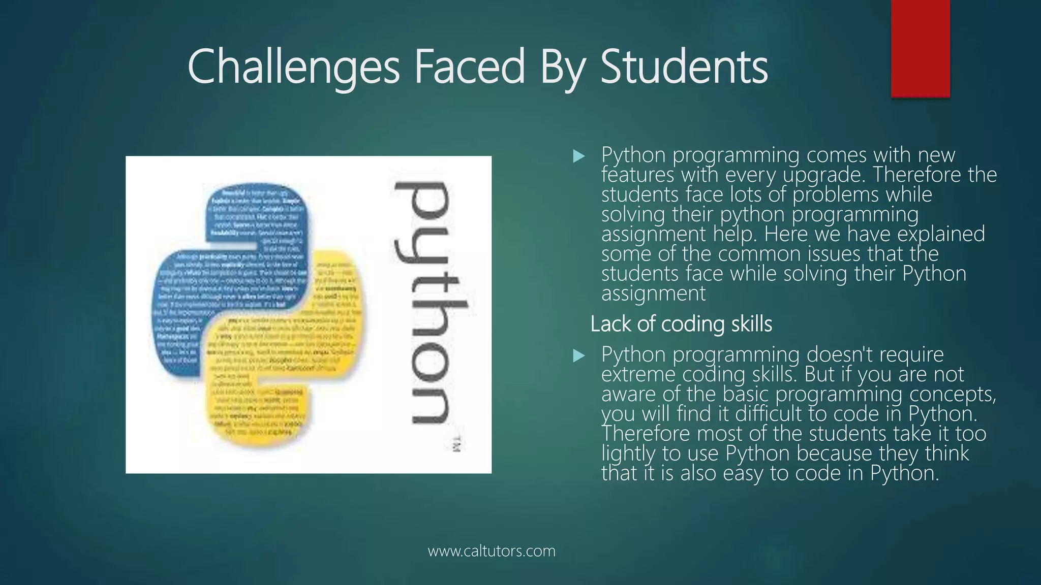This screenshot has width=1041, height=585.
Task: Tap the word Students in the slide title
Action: pos(684,68)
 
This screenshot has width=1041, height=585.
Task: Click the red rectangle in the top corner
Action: pos(920,48)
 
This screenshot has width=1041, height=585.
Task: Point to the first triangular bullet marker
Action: pos(578,156)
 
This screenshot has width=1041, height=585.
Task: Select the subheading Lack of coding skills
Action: pos(681,324)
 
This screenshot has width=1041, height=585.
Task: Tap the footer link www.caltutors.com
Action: pos(492,551)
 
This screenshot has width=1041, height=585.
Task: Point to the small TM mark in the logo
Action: pos(456,443)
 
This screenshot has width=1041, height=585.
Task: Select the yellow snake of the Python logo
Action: pos(305,355)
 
